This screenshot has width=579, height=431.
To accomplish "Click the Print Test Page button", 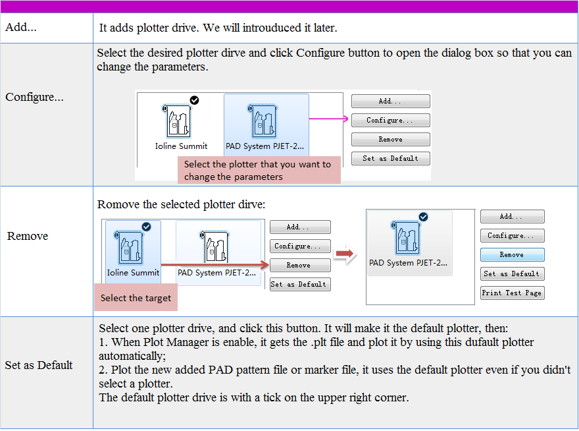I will point(512,293).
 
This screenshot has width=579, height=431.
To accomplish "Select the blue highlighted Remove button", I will point(512,254).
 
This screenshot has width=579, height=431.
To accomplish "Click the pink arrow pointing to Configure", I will point(328,119).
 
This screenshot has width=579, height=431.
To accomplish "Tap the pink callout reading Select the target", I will point(136,298).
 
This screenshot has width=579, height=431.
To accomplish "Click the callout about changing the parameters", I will point(259,170).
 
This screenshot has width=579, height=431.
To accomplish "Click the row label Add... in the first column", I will point(21,28).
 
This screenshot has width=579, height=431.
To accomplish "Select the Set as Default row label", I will point(39,365).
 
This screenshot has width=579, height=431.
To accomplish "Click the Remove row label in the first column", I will point(28,236).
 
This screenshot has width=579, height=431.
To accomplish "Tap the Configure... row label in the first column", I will point(35,98).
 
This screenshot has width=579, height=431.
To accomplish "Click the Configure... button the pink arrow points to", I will point(390,121).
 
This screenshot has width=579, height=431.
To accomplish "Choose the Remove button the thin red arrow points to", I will point(299,265).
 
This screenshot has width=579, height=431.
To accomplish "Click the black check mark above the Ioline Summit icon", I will point(194,100).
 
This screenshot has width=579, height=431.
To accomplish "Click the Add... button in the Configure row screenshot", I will point(390,101).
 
